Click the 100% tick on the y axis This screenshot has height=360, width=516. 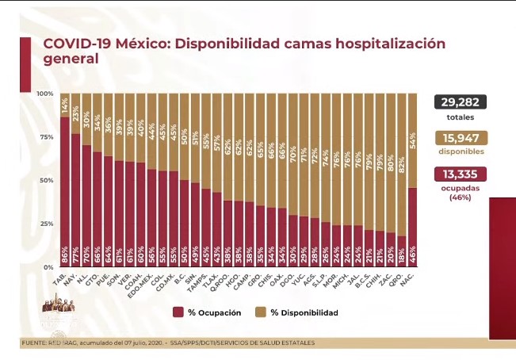point(46,94)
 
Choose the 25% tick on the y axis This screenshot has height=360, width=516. point(47,224)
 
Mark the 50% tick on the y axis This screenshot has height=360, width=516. point(47,181)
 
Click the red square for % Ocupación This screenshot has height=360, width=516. point(178,313)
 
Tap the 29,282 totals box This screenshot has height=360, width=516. point(460,102)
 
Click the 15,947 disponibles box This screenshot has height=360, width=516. point(460,138)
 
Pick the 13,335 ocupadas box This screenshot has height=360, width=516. point(460,174)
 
